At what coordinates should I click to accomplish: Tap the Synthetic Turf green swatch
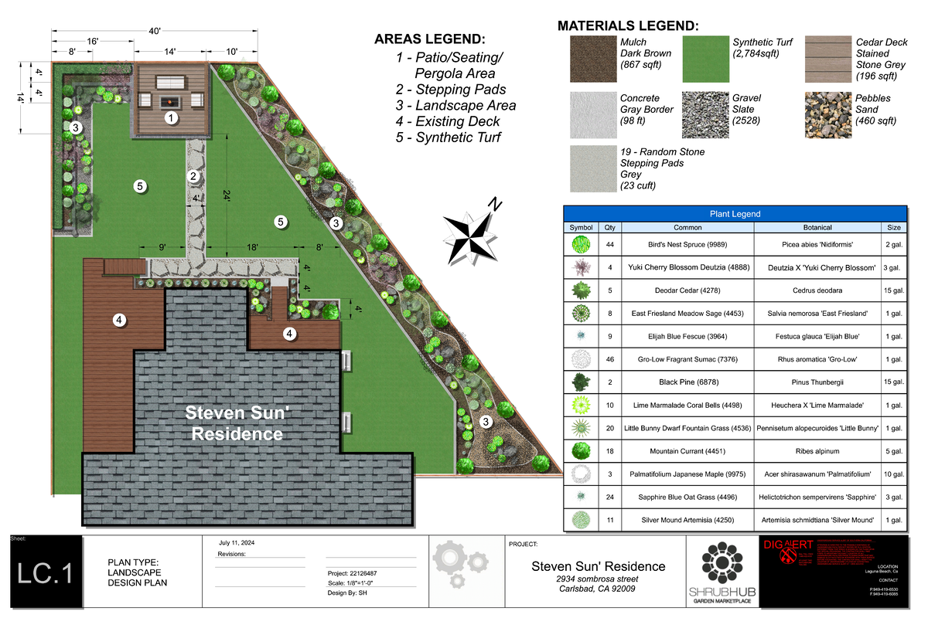705,59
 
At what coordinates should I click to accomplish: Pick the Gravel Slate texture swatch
705,115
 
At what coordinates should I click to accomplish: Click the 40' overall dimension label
155,31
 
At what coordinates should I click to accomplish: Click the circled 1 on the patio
170,118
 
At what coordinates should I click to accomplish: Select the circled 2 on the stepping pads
193,176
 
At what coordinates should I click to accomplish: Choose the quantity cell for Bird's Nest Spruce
609,245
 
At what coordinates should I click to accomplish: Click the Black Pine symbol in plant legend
581,382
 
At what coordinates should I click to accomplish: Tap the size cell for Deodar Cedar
893,290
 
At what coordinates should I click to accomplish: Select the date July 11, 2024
237,543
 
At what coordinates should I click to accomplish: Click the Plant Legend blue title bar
735,214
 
